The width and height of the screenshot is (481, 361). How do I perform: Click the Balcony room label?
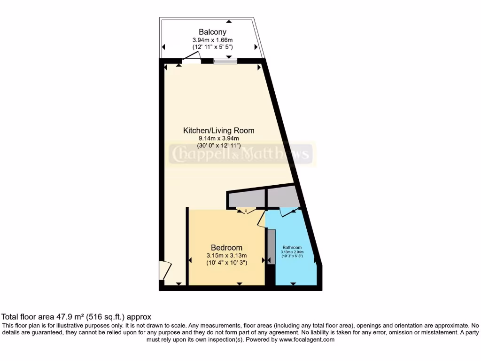[212, 32]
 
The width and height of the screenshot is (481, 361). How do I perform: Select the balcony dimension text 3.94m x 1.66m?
[212, 40]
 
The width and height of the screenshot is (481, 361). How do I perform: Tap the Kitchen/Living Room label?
[218, 130]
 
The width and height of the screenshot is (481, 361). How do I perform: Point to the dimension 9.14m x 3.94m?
[218, 138]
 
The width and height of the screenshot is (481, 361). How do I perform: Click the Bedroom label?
[226, 248]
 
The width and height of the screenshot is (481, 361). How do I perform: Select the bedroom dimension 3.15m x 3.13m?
[226, 256]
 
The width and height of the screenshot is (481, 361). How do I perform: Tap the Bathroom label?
[292, 247]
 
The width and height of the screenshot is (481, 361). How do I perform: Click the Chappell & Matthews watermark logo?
[240, 154]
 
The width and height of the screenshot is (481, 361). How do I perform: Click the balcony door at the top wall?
[192, 60]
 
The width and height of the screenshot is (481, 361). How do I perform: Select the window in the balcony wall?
[225, 61]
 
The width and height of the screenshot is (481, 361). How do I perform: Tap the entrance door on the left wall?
[165, 271]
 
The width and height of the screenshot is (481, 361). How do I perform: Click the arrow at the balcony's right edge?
[256, 47]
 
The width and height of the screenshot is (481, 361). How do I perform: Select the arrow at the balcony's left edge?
[163, 47]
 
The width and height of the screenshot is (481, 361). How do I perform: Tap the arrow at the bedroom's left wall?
[190, 260]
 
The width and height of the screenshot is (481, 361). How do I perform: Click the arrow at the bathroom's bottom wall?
[293, 283]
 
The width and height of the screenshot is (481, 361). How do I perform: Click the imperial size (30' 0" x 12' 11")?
[218, 146]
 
